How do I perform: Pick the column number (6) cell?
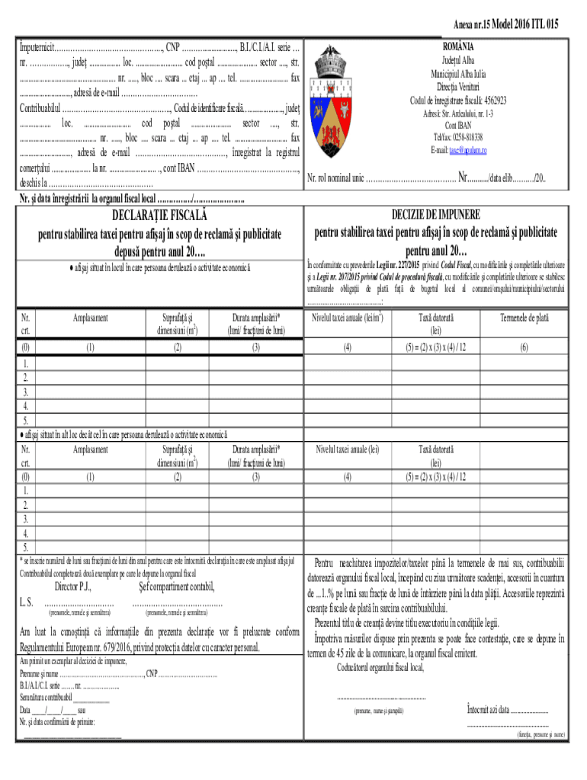[524, 347]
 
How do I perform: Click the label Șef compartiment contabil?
[177, 587]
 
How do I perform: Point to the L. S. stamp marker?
[26, 603]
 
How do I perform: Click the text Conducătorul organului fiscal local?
[379, 668]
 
